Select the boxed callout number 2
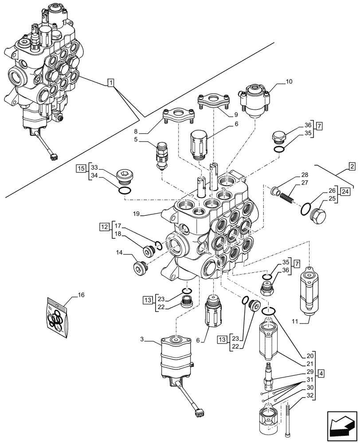pos(351,167)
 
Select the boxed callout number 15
pos(80,168)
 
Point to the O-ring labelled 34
pos(125,190)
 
